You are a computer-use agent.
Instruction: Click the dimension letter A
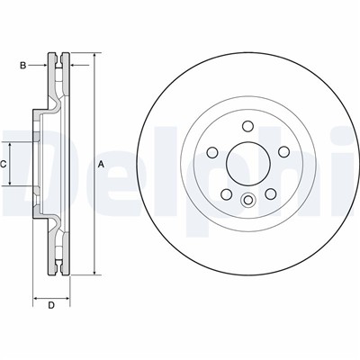(x=101, y=164)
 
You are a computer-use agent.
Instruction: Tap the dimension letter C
(x=4, y=164)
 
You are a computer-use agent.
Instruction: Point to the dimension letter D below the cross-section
(x=51, y=307)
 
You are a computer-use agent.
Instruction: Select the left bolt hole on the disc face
(x=214, y=154)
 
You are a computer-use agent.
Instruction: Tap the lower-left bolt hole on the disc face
(x=225, y=189)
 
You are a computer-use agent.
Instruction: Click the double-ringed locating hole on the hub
(x=244, y=199)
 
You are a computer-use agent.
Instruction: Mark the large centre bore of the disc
(x=244, y=164)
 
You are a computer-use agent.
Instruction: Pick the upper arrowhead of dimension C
(x=11, y=145)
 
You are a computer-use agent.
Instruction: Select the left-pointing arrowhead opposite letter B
(x=73, y=64)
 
